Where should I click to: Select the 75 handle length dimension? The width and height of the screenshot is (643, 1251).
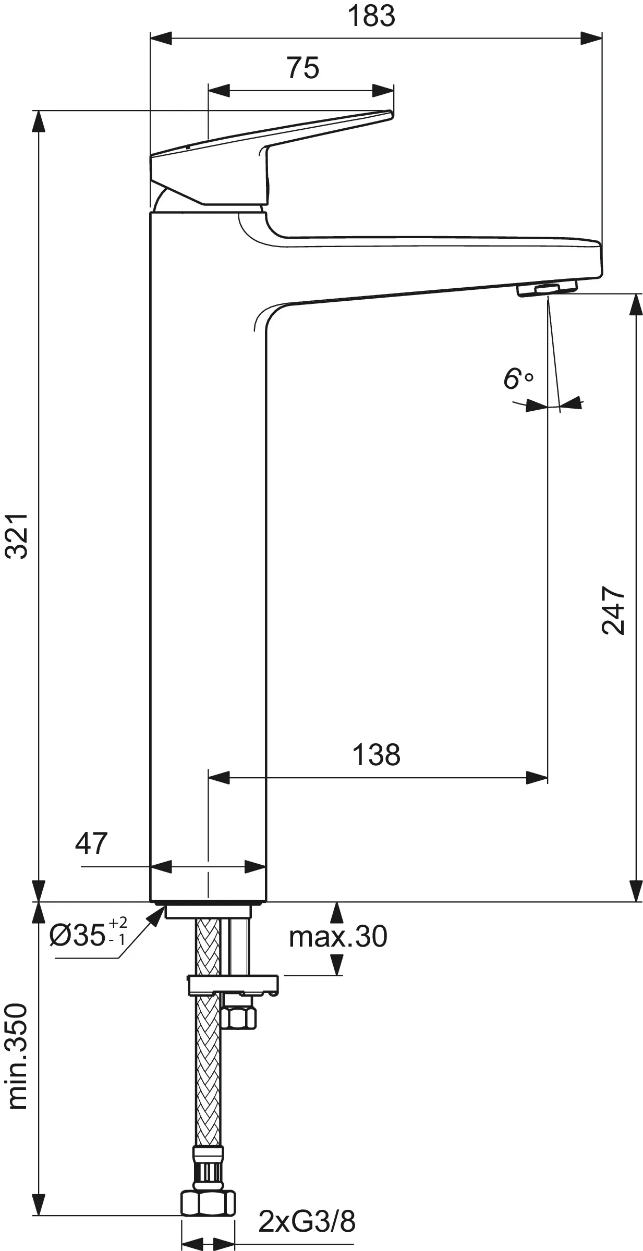(302, 68)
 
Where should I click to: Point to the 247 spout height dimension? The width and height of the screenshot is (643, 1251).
(613, 610)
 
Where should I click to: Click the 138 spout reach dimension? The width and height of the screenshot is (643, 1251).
(376, 754)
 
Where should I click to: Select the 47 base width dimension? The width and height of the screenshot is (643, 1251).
(91, 843)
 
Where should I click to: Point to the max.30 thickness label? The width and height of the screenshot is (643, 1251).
(338, 936)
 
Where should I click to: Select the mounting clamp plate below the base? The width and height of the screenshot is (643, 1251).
(233, 984)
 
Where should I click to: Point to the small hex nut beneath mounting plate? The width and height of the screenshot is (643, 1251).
(239, 1017)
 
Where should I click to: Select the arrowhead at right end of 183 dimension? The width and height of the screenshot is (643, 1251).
(592, 38)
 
